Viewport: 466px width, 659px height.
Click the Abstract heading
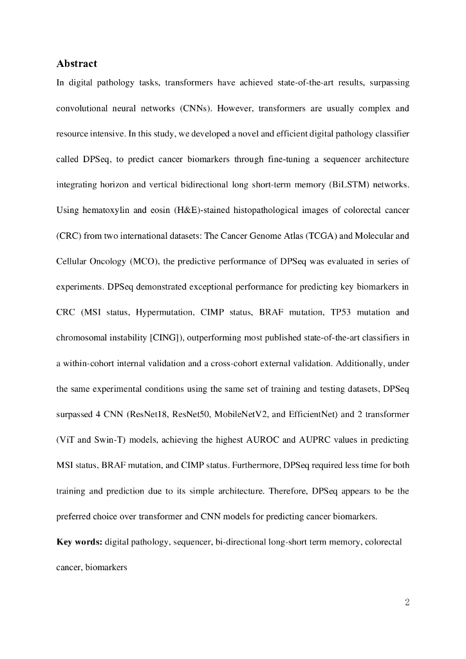[x=77, y=63]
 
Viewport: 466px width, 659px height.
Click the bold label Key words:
[x=79, y=542]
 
